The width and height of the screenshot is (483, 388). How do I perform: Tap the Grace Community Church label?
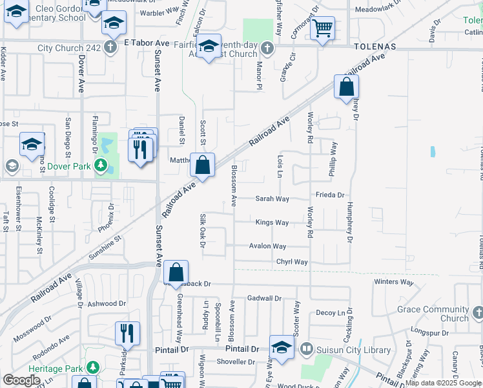[433, 314]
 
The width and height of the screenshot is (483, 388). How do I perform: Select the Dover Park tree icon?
[100, 166]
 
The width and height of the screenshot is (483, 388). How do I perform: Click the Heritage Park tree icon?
[92, 368]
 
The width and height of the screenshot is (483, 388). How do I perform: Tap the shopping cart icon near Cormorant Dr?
[322, 28]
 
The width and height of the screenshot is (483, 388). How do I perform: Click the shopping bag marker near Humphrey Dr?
[346, 87]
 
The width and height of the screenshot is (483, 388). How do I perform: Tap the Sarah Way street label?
[272, 199]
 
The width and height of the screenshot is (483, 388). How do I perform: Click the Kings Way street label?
[272, 222]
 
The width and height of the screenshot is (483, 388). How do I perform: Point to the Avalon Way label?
[268, 246]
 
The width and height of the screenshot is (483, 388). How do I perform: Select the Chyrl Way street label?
[292, 262]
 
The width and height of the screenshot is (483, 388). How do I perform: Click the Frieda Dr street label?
[330, 195]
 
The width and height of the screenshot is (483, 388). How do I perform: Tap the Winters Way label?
[393, 282]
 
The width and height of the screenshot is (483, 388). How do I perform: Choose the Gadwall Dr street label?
[264, 298]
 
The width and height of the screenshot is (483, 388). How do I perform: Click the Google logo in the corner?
[21, 380]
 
